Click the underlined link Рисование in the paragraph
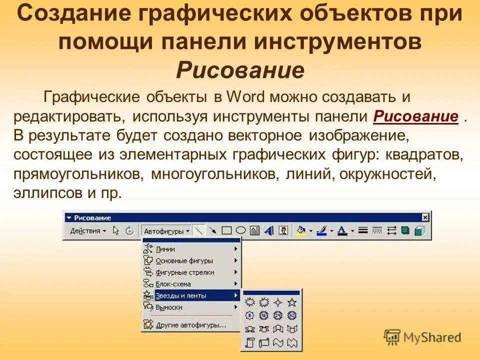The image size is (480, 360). pyautogui.click(x=416, y=116)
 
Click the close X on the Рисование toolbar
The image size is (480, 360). pyautogui.click(x=425, y=217)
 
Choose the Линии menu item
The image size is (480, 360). pyautogui.click(x=165, y=248)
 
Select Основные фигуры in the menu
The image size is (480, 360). pyautogui.click(x=184, y=260)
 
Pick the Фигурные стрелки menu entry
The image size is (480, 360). pyautogui.click(x=184, y=272)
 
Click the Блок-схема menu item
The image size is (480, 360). pyautogui.click(x=173, y=284)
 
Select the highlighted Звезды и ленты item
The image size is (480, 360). pyautogui.click(x=181, y=295)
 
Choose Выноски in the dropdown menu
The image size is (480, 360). pyautogui.click(x=169, y=307)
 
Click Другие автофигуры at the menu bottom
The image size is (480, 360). pyautogui.click(x=190, y=325)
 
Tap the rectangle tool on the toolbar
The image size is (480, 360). pyautogui.click(x=226, y=230)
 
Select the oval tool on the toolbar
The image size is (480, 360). pyautogui.click(x=240, y=230)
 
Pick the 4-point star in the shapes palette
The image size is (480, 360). pyautogui.click(x=278, y=302)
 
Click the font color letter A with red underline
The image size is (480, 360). pyautogui.click(x=342, y=230)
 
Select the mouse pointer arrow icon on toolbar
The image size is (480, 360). pyautogui.click(x=116, y=231)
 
